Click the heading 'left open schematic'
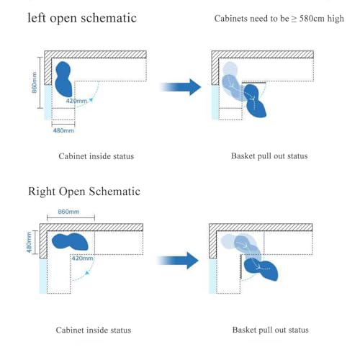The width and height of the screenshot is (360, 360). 82,18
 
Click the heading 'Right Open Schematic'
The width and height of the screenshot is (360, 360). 84,192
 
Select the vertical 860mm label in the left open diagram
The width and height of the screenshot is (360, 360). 35,83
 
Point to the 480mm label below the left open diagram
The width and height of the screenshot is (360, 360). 63,130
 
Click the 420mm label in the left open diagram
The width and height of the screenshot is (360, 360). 76,101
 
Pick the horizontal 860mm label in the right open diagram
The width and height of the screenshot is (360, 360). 68,212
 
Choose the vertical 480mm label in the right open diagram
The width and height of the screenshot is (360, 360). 29,242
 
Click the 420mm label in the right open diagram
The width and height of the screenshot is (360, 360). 82,258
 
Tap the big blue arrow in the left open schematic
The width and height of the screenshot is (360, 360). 181,87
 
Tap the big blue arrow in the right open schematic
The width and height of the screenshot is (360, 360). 178,261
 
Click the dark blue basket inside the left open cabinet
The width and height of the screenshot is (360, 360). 63,79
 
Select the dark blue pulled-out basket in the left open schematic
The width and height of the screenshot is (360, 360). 255,101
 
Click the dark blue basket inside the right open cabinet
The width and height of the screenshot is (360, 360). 70,241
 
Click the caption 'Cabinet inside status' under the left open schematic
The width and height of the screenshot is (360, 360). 96,156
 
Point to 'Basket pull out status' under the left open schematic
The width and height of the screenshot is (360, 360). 269,156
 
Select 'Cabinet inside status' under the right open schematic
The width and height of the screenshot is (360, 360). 94,330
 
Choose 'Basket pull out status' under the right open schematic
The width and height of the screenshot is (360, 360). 271,330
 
